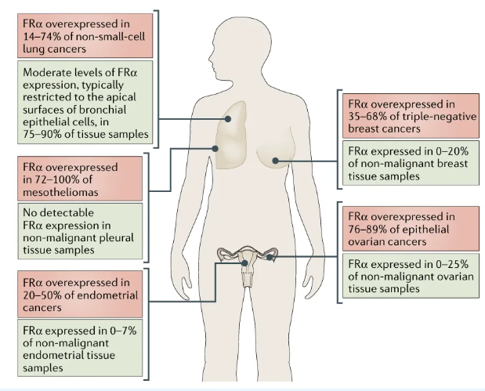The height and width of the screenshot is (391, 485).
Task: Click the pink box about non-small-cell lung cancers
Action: coord(85,35)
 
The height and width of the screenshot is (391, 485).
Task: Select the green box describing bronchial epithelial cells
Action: coord(85,103)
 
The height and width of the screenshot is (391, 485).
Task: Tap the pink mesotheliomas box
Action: coord(80,179)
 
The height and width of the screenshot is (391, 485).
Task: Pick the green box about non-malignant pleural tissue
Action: coord(80,231)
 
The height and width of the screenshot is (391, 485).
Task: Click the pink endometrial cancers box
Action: coord(80,294)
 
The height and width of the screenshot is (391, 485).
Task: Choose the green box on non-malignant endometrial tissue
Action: coord(80,348)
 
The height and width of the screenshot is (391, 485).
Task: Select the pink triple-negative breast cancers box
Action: coord(411,116)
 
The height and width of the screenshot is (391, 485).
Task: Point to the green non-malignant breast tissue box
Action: coord(411,163)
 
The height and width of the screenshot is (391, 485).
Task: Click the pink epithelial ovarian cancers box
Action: coord(411,229)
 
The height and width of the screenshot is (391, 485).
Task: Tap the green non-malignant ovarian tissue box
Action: coord(411,276)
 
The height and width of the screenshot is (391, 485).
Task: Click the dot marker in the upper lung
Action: coord(228,119)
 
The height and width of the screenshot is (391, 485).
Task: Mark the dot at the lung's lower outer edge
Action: coord(215,148)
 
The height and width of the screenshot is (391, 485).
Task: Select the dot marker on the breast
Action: coord(275,161)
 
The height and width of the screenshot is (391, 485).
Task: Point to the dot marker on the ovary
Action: coord(270,257)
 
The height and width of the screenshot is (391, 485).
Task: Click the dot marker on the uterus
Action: coord(244,263)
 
